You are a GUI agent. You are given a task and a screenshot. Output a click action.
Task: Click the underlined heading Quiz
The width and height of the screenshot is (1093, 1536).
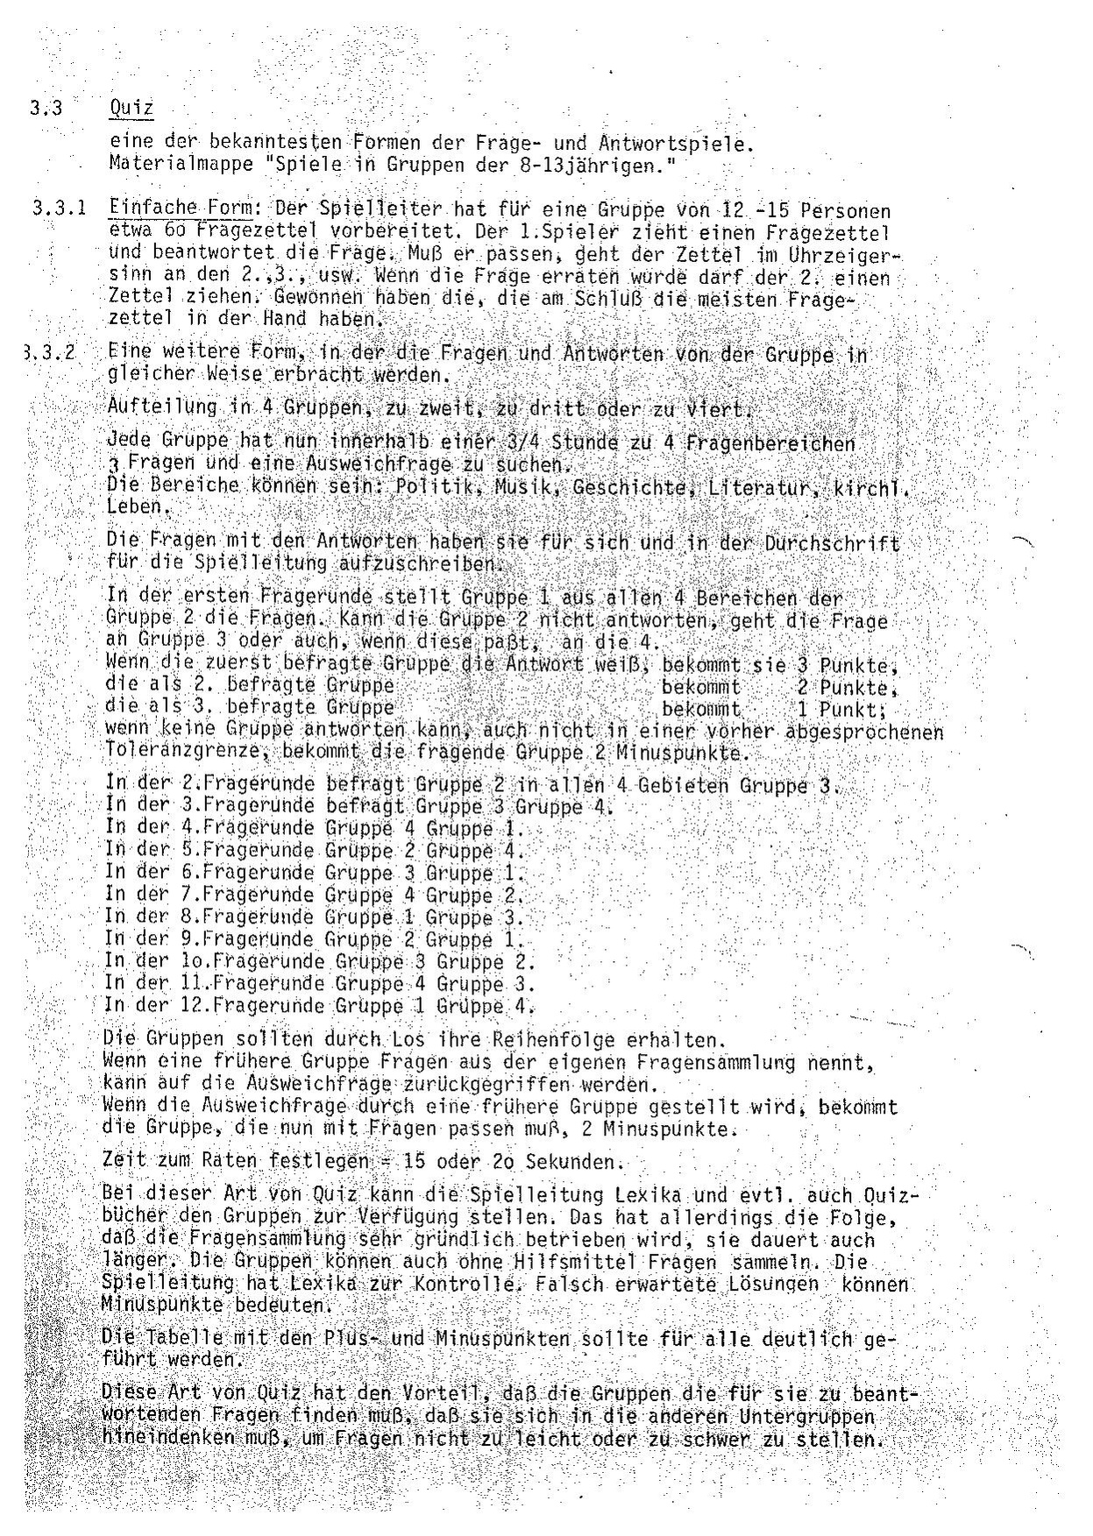[131, 109]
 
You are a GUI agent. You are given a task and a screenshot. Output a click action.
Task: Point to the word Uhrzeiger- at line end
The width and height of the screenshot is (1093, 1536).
[850, 255]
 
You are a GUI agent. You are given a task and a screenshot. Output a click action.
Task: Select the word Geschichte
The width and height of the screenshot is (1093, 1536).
[621, 486]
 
